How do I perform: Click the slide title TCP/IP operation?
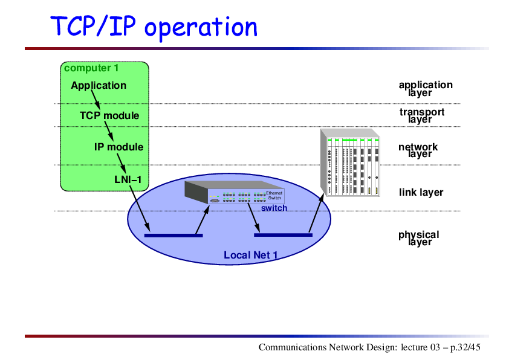click(154, 27)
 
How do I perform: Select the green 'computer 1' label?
click(91, 68)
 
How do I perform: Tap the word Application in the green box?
click(99, 85)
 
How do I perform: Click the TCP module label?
click(109, 115)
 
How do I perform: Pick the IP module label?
click(119, 147)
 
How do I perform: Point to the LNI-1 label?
click(128, 179)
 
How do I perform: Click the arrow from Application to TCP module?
click(96, 100)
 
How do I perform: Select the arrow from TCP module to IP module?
click(109, 131)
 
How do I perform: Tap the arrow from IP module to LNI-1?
click(122, 163)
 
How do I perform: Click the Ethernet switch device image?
click(235, 192)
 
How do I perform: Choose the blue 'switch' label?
click(274, 208)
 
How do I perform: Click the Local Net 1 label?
click(250, 256)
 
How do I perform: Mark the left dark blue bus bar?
click(173, 236)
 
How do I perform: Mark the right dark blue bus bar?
click(283, 235)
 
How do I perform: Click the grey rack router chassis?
click(350, 162)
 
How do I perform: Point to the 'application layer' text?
click(426, 89)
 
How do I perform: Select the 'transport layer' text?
click(422, 115)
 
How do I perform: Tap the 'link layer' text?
click(421, 192)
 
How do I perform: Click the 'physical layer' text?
click(419, 238)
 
